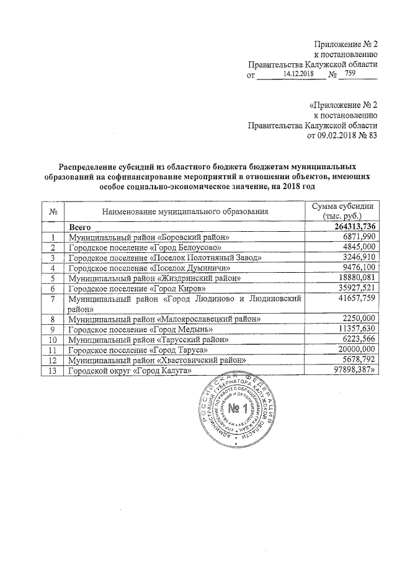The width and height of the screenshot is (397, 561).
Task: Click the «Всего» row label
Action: [x=81, y=227]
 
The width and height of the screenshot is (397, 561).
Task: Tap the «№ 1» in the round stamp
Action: [x=238, y=409]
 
